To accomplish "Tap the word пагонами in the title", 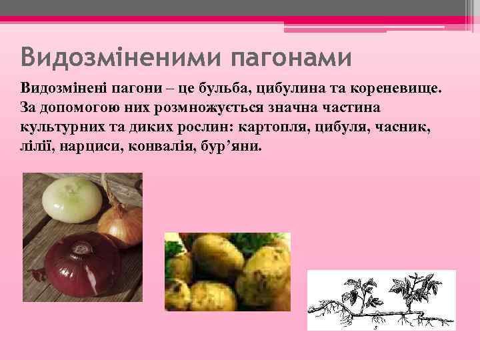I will tap(291, 57).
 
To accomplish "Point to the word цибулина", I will tap(287, 89).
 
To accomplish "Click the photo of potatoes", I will tap(227, 271).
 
